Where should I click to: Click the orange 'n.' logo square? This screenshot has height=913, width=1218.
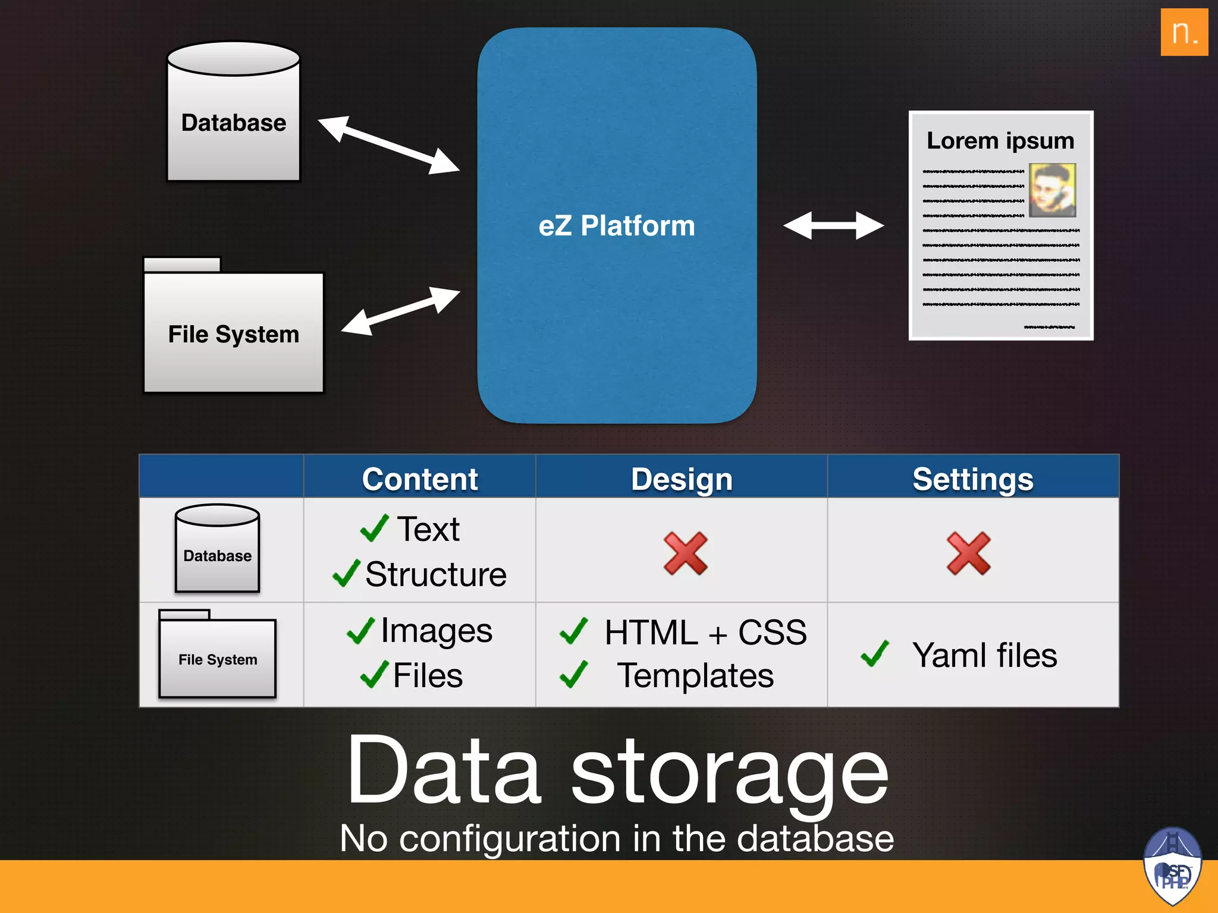pos(1184,32)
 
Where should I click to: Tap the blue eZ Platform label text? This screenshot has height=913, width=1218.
pos(617,226)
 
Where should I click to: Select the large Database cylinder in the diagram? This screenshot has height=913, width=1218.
pos(234,112)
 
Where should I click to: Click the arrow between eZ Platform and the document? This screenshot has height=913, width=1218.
pos(833,226)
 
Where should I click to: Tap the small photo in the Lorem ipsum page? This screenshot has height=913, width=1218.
pos(1052,190)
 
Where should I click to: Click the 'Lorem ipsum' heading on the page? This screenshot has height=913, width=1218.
pos(1000,141)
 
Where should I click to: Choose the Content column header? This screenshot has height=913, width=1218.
pos(420,478)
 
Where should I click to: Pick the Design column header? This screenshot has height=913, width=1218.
pos(682,478)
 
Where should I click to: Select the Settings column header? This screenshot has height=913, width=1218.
pos(973,478)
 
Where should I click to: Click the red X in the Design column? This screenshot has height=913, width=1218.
pos(685,553)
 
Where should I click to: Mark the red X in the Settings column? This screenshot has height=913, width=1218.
pos(968,553)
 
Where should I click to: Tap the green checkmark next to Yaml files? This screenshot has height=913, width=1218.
pos(875,653)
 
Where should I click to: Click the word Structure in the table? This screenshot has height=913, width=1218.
pos(436,574)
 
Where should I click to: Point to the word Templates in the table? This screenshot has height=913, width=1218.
pos(695,676)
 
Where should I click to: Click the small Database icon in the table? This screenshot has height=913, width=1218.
pos(217,548)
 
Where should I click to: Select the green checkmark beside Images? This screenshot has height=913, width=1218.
pos(360,631)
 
